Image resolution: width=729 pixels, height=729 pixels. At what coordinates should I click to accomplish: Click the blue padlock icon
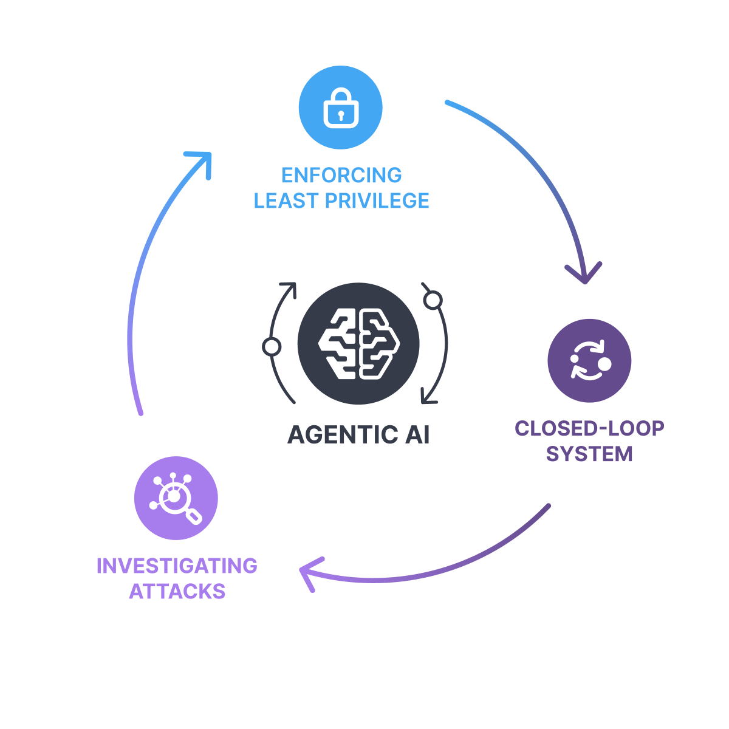pos(340,108)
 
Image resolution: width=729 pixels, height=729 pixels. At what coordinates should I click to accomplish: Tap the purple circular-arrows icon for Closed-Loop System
pos(589,360)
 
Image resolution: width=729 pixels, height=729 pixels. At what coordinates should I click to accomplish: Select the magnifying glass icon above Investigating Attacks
pos(176,498)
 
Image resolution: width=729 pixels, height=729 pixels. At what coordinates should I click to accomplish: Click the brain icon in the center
pos(358,344)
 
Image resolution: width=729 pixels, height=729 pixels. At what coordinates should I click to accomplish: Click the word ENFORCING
pos(341,175)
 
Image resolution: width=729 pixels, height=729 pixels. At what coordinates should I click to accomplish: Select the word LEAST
pos(280,200)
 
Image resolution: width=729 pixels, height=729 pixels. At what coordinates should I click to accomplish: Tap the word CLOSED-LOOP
pos(589,428)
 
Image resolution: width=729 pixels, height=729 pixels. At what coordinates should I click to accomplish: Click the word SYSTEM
pos(589,454)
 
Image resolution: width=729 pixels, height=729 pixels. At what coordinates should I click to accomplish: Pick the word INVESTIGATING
pos(177,566)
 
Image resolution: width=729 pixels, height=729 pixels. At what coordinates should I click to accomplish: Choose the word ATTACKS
pos(177,591)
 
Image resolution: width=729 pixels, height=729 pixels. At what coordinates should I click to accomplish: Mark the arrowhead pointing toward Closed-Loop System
pos(584,275)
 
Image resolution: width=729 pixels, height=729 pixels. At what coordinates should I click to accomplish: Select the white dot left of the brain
pos(272,346)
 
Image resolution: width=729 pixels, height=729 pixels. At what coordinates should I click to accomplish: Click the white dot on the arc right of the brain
pos(433,300)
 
